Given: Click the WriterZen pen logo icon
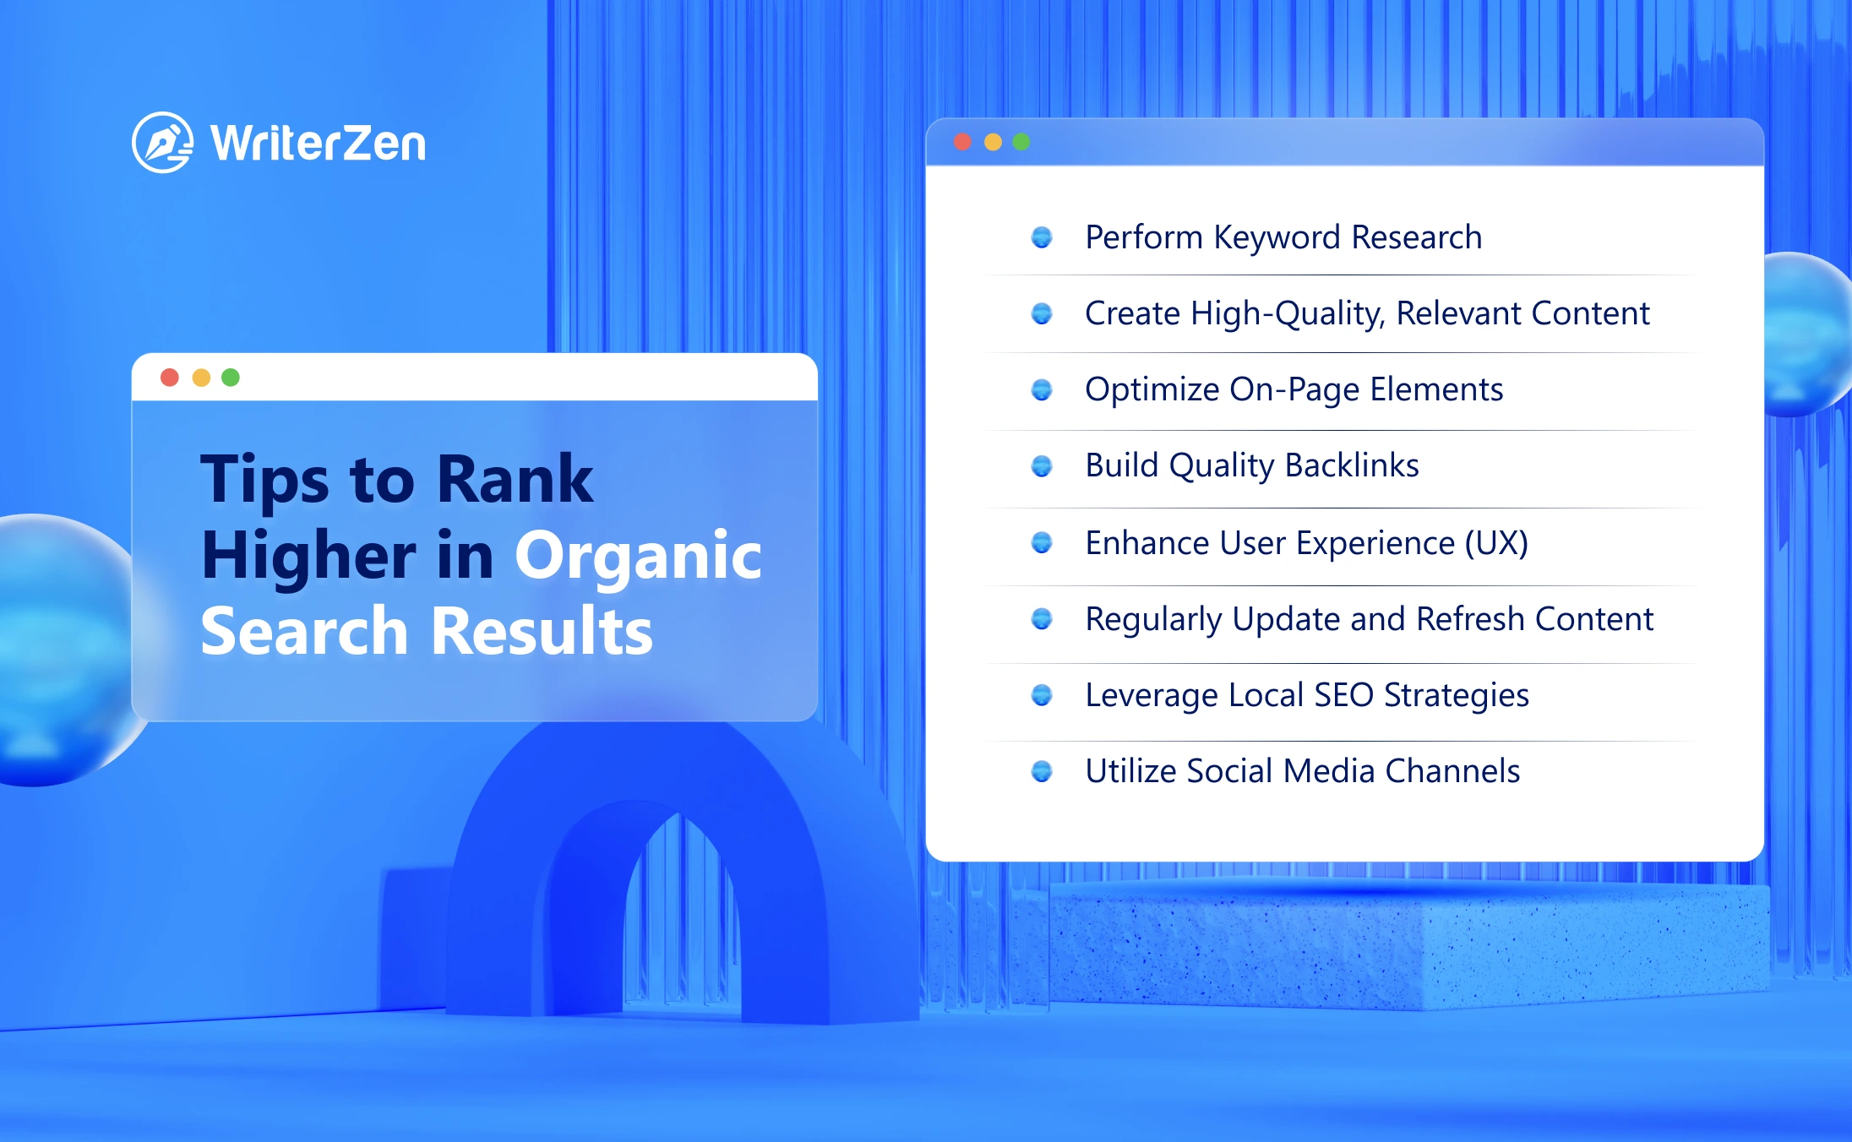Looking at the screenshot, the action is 162,142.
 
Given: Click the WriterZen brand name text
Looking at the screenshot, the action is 319,143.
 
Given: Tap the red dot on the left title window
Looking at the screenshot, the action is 170,377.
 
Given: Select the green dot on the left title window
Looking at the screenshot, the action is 231,377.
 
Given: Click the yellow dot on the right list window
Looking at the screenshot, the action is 993,142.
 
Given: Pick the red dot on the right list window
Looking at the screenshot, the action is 962,142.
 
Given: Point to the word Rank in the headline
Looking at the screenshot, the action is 515,479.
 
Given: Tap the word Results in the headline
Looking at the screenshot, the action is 542,631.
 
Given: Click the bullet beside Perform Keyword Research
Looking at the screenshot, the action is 1042,237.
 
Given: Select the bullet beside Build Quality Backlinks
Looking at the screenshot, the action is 1042,465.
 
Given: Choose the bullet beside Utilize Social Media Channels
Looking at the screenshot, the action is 1042,771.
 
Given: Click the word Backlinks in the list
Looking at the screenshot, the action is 1352,465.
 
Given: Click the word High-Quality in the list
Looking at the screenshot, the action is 1288,314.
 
